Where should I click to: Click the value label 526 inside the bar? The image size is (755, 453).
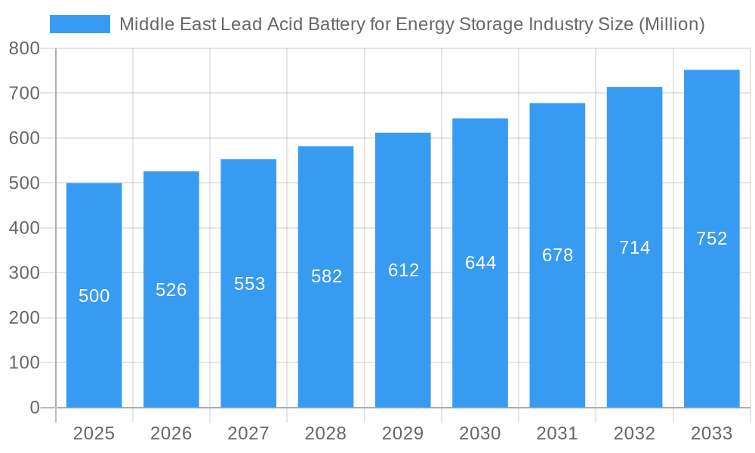(171, 290)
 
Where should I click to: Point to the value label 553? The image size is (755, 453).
(249, 284)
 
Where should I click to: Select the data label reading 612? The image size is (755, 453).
(403, 270)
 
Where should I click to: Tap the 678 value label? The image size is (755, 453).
(557, 255)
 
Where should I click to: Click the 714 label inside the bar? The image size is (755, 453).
(634, 248)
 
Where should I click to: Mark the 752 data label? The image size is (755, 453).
(711, 239)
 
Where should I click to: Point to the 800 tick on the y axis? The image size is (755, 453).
(24, 49)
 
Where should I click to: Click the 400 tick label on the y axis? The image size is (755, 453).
(24, 228)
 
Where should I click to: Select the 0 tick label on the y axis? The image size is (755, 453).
(34, 408)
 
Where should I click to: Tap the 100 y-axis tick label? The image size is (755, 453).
(24, 362)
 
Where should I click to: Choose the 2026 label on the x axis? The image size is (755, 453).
(171, 433)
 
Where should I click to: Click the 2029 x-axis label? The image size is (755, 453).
(403, 433)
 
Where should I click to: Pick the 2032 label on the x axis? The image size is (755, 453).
(634, 433)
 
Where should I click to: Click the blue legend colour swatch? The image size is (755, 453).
(80, 24)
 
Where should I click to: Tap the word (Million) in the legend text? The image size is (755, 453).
(671, 24)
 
